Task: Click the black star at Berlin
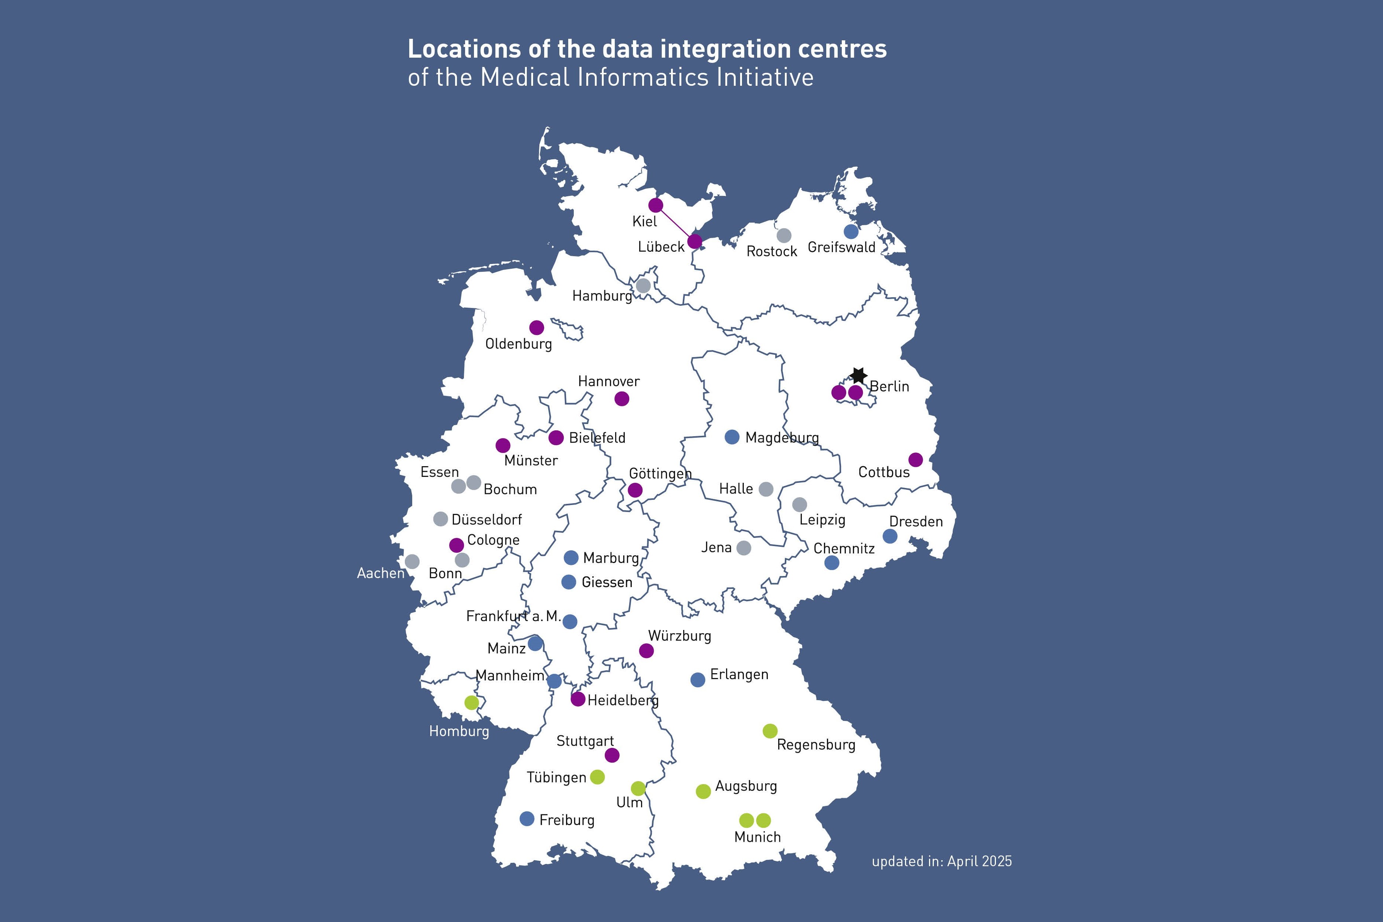coord(858,375)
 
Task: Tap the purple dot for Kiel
coord(655,205)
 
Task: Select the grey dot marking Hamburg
coord(643,286)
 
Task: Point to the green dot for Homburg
coord(472,703)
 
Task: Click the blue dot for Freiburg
coord(527,818)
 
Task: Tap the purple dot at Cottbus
coord(916,460)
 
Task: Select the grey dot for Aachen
coord(412,562)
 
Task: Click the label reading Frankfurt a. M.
coord(513,616)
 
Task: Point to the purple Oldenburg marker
coord(536,328)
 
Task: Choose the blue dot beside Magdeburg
coord(732,437)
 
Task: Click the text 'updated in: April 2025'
coord(941,861)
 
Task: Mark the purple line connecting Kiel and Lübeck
coord(675,223)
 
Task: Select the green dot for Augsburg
coord(703,792)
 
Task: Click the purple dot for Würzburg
coord(646,651)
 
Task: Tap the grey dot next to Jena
coord(744,548)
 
